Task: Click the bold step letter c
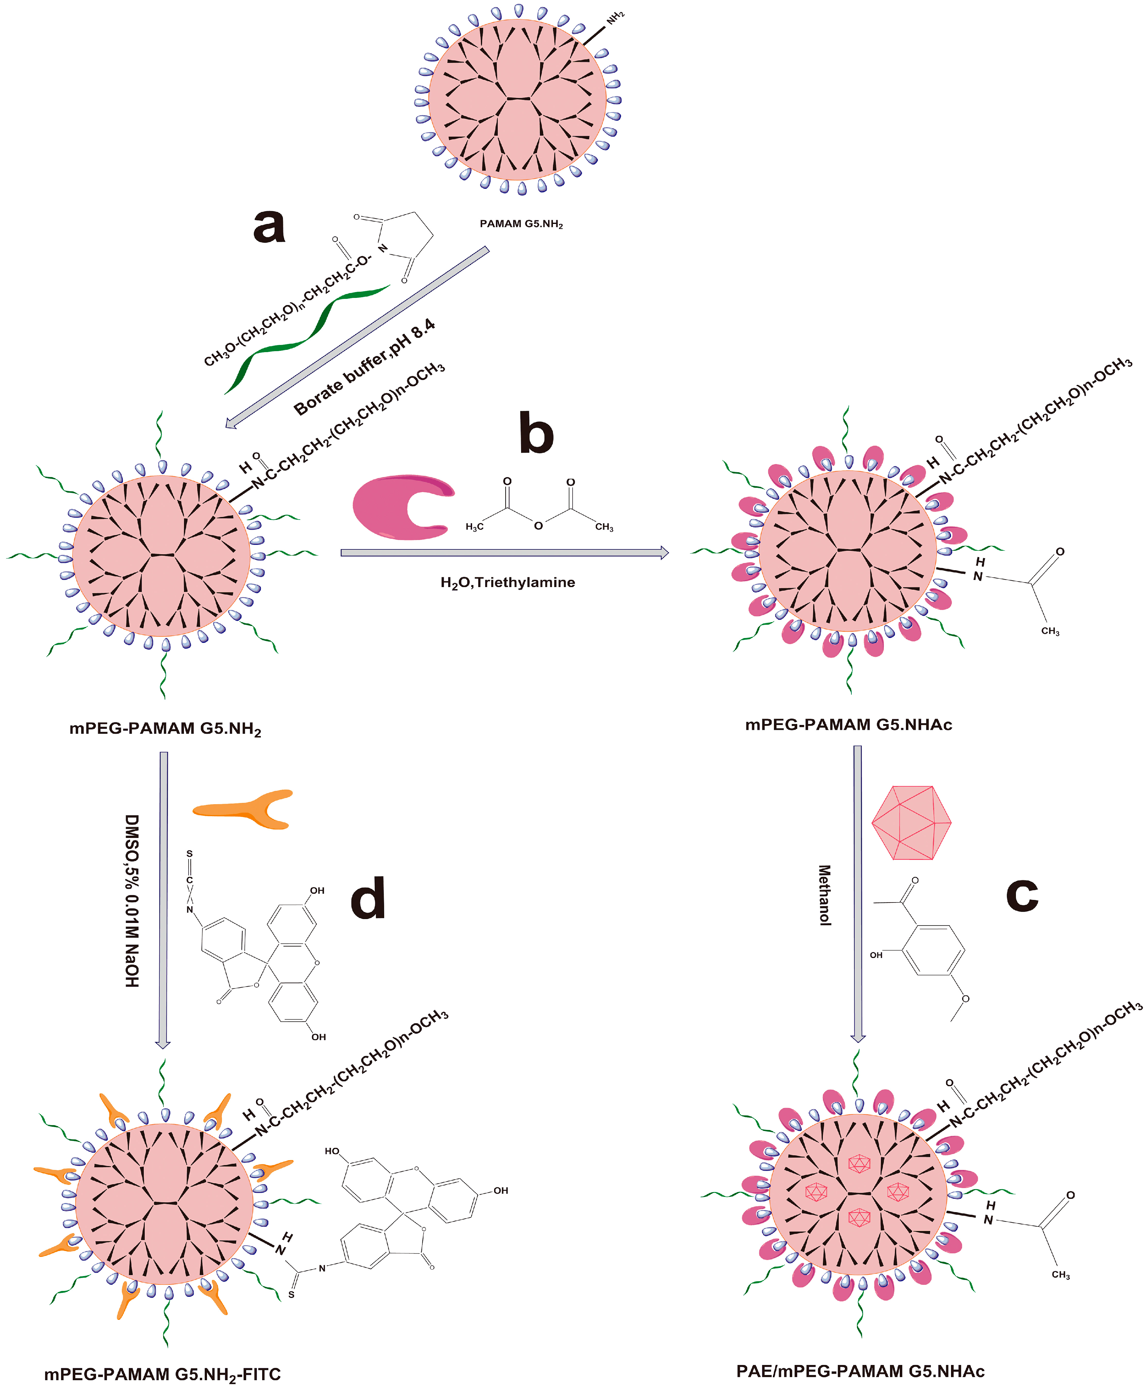tap(1021, 895)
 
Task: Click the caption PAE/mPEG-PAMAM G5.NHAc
tap(860, 1371)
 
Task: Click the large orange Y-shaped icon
tap(244, 808)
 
